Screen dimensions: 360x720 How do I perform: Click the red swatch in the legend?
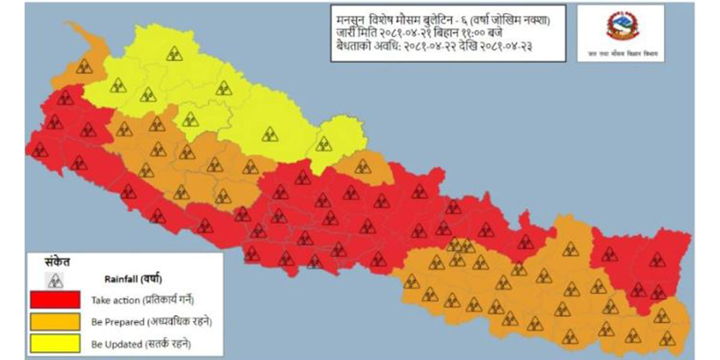55,299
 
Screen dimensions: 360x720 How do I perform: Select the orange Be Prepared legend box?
55,322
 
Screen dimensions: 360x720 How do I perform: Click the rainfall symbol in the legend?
55,280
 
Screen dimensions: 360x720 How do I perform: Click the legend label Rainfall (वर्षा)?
133,279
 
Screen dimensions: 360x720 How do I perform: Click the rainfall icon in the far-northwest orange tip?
84,67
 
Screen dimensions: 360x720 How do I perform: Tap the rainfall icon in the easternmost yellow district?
323,143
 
